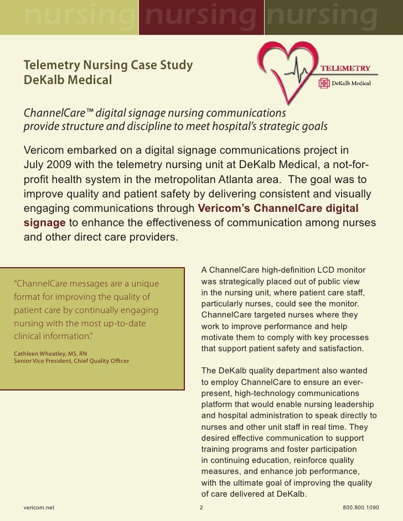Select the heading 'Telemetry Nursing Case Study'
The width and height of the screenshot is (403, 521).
[x=108, y=66]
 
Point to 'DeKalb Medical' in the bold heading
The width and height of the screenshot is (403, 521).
[x=68, y=81]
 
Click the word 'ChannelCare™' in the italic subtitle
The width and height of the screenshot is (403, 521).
[x=58, y=113]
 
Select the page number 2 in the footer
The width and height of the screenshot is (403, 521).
[x=201, y=507]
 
